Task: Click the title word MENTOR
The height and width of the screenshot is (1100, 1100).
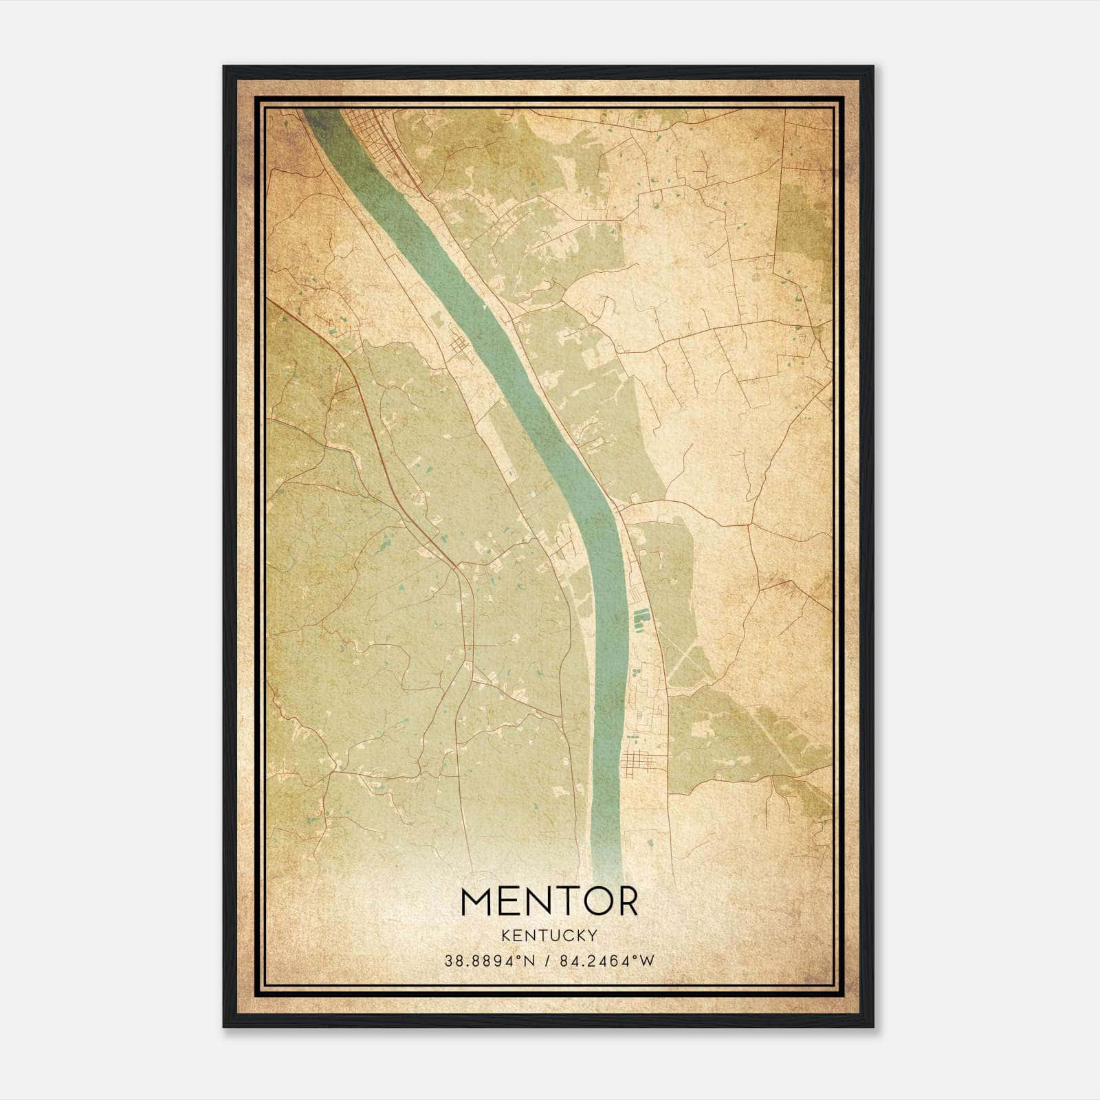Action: [x=549, y=901]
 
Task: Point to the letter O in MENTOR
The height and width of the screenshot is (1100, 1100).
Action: [x=592, y=901]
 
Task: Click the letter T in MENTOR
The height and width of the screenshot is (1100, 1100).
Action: [x=560, y=901]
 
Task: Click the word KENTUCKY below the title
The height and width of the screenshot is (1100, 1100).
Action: [x=549, y=935]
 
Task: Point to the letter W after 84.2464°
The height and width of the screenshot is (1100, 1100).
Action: [x=647, y=961]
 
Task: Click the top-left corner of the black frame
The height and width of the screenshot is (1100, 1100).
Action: [x=224, y=67]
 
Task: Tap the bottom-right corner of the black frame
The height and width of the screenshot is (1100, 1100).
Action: [x=873, y=1026]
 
